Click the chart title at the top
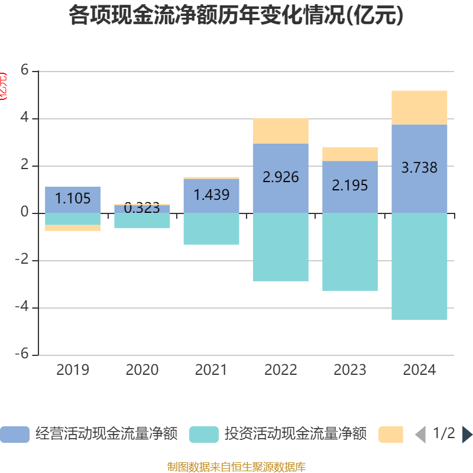[x=236, y=15]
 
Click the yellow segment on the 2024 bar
[x=419, y=108]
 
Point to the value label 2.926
[x=281, y=177]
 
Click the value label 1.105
[x=73, y=199]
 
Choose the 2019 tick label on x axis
[x=73, y=370]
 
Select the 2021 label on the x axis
[x=211, y=370]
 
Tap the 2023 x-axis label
[x=350, y=370]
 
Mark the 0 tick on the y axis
[x=24, y=212]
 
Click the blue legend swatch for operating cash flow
[x=14, y=435]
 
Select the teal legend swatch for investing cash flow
[x=204, y=435]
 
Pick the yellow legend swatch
[x=390, y=435]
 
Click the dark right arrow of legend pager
[x=466, y=435]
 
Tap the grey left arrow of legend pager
[x=420, y=435]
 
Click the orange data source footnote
[x=236, y=467]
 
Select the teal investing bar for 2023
[x=350, y=252]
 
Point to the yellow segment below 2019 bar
[x=73, y=228]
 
